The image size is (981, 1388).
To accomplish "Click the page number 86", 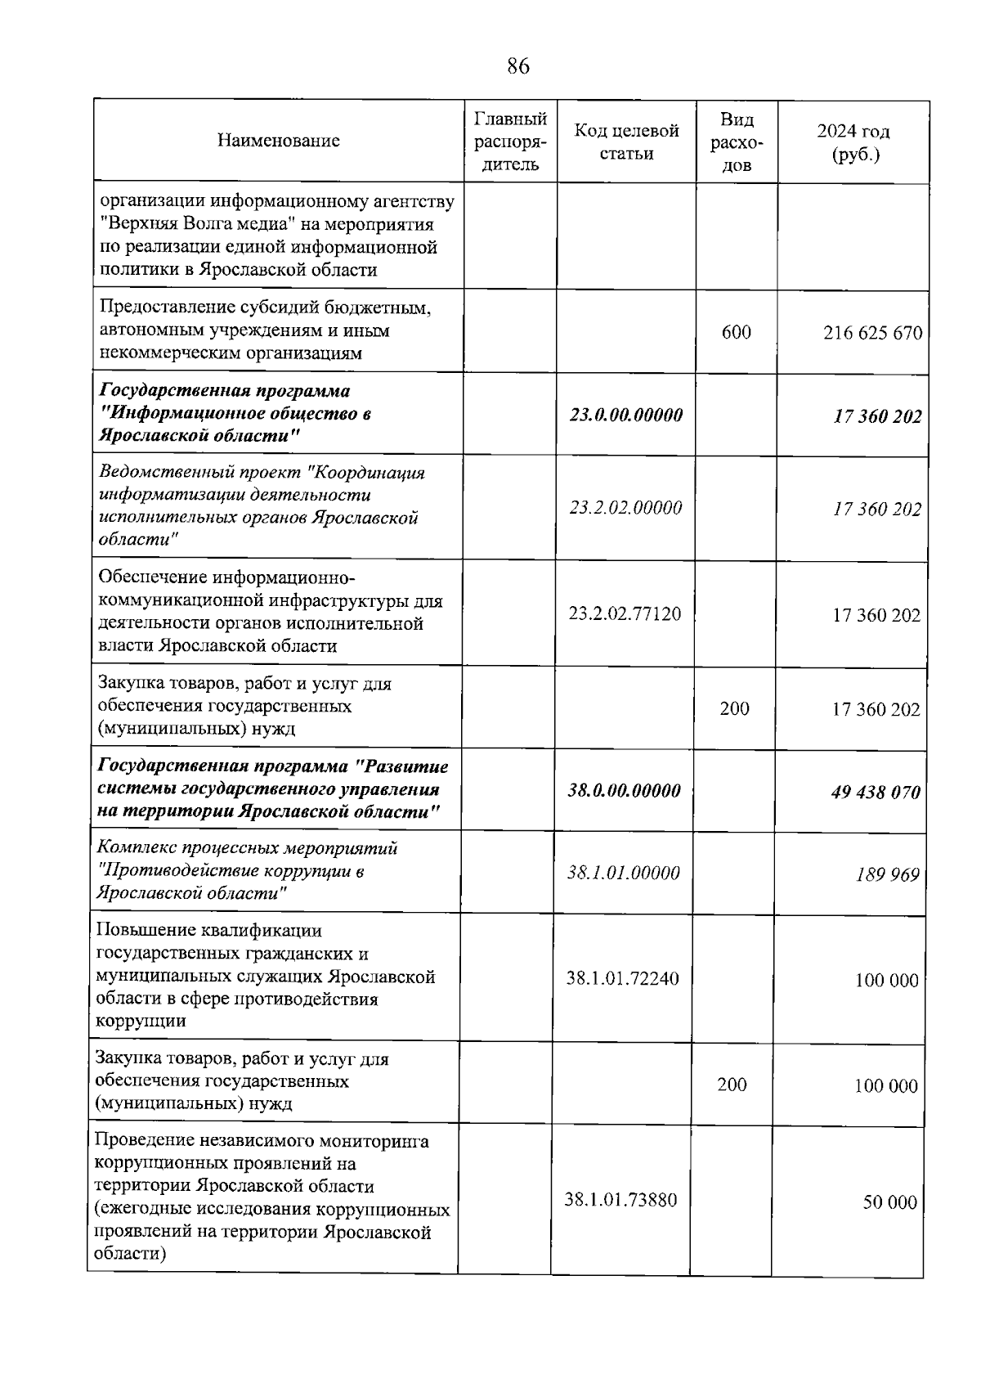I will [x=518, y=66].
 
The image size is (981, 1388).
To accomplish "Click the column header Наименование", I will [x=278, y=141].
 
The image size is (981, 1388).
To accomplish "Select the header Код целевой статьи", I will [x=626, y=141].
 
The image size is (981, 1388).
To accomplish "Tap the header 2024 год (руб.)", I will [x=853, y=142].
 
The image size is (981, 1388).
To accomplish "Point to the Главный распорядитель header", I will [x=510, y=141].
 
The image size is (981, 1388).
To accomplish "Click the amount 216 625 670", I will [x=872, y=333].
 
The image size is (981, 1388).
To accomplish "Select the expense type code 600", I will [x=736, y=332].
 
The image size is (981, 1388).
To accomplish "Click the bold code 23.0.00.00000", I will [x=626, y=415].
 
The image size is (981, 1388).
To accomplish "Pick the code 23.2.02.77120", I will [x=625, y=613].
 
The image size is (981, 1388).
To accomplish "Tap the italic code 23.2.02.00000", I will [x=626, y=508].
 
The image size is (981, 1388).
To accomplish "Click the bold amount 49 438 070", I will [x=876, y=792].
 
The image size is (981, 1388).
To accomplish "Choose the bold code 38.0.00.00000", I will [x=624, y=791].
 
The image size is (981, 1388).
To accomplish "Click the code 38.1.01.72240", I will [x=622, y=978].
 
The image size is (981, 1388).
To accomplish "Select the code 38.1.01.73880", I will [x=620, y=1200].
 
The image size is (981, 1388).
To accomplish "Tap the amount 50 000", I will [x=889, y=1202].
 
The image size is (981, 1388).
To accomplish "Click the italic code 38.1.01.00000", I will [x=624, y=873].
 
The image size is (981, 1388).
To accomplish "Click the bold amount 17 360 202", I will [x=877, y=416].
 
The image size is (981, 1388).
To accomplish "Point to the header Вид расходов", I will [x=737, y=142].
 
